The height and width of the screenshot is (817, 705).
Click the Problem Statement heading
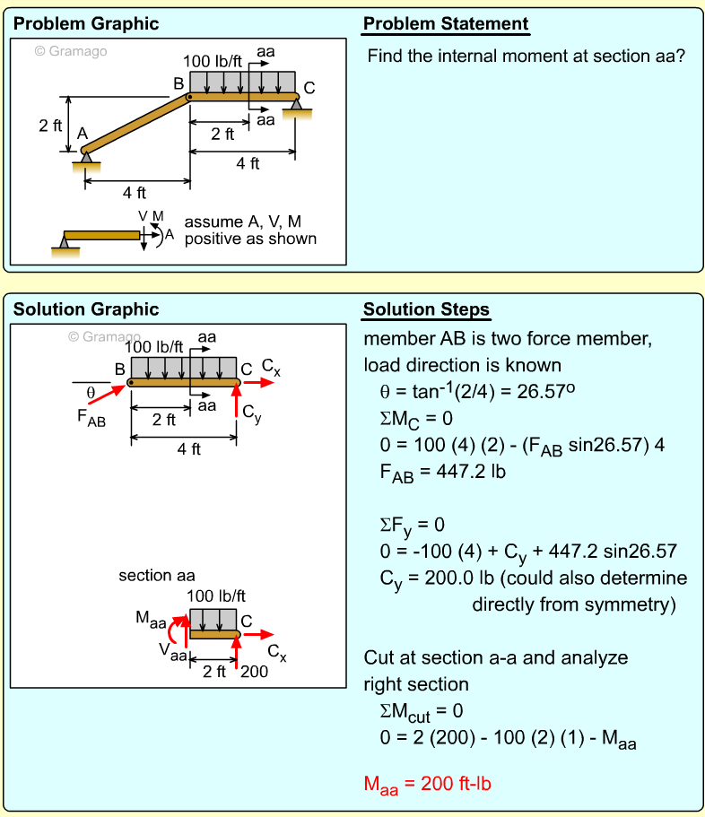446,24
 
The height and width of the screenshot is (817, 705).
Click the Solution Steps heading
426,310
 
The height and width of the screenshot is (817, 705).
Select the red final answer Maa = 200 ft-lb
428,784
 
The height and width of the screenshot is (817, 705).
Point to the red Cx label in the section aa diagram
278,653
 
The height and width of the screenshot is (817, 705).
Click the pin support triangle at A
86,158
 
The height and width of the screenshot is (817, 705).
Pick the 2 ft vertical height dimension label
50,126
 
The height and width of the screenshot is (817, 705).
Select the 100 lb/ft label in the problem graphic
213,62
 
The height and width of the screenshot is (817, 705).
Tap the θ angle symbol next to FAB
90,392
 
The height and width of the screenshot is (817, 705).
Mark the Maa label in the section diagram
150,618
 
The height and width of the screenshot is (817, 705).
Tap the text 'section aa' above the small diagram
157,575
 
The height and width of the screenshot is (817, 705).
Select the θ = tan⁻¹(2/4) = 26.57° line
482,391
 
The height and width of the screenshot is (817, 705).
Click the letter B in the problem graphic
178,84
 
